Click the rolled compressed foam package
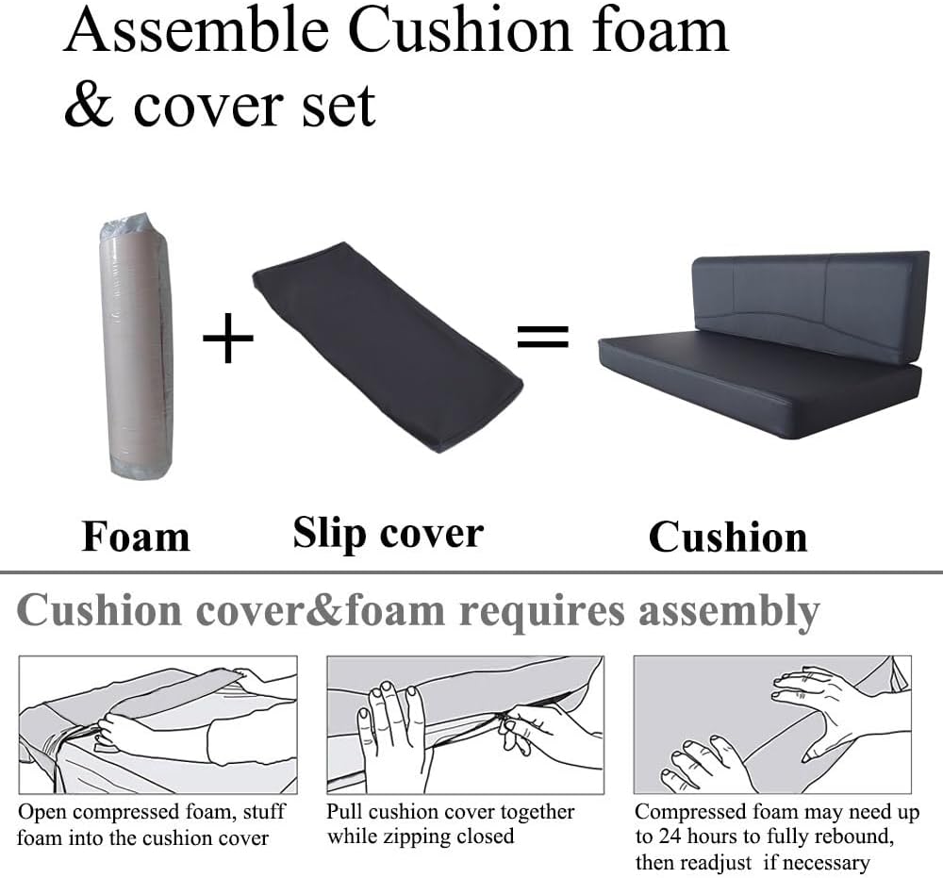click(x=137, y=346)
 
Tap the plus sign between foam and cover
click(x=228, y=338)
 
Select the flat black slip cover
click(x=388, y=347)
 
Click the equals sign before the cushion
click(x=542, y=336)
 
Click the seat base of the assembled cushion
click(x=759, y=386)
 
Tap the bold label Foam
click(x=136, y=536)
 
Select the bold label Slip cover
click(x=388, y=534)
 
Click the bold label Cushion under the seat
click(x=728, y=537)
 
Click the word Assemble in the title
click(x=196, y=30)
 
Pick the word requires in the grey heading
click(x=542, y=613)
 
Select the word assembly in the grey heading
click(x=729, y=613)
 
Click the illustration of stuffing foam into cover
click(x=158, y=724)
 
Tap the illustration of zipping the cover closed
click(x=466, y=724)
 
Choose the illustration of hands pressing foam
click(x=773, y=724)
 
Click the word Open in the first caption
click(x=41, y=813)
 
